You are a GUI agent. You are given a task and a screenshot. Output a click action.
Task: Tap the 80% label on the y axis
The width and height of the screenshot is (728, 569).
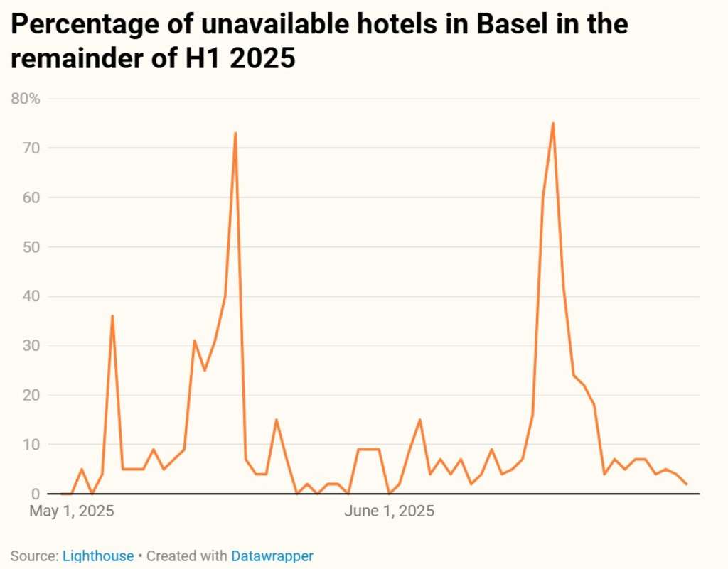pyautogui.click(x=26, y=99)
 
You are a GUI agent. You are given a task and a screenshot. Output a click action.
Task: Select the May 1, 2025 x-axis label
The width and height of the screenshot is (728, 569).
pyautogui.click(x=72, y=511)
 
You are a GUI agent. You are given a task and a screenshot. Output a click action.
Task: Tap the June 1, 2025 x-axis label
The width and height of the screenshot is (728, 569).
pyautogui.click(x=389, y=511)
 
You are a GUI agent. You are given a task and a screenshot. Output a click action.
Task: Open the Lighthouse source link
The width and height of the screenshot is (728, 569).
pyautogui.click(x=98, y=556)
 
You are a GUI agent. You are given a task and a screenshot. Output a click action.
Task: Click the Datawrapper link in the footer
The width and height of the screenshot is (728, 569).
pyautogui.click(x=272, y=556)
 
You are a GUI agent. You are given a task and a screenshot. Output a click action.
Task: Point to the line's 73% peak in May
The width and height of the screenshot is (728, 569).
pyautogui.click(x=235, y=133)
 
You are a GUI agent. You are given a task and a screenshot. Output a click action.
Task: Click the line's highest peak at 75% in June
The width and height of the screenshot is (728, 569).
pyautogui.click(x=552, y=124)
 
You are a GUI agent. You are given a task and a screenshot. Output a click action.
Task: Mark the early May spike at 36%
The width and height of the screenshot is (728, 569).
pyautogui.click(x=112, y=316)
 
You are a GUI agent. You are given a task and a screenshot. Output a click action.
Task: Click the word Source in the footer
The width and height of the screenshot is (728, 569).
pyautogui.click(x=33, y=556)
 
